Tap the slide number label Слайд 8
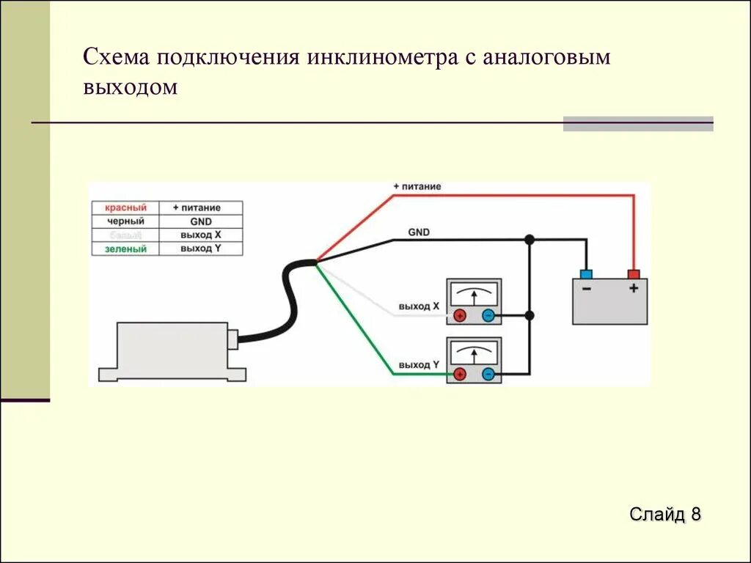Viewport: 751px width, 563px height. click(665, 514)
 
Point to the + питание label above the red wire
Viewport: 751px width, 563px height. click(417, 187)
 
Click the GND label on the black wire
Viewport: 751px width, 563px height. click(419, 232)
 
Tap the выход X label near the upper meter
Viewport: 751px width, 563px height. click(420, 306)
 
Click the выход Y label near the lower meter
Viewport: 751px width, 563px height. click(420, 364)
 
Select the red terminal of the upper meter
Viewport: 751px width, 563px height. click(460, 316)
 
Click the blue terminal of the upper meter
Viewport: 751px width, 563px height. click(488, 316)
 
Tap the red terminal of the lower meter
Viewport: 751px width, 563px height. click(460, 375)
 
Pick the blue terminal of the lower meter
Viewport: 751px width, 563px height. click(488, 375)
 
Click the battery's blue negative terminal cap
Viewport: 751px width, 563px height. click(586, 274)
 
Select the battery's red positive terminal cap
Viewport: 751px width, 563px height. click(634, 274)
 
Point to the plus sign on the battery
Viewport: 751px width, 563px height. click(634, 289)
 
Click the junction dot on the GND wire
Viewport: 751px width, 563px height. click(529, 240)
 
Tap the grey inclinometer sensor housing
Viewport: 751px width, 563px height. click(172, 350)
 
